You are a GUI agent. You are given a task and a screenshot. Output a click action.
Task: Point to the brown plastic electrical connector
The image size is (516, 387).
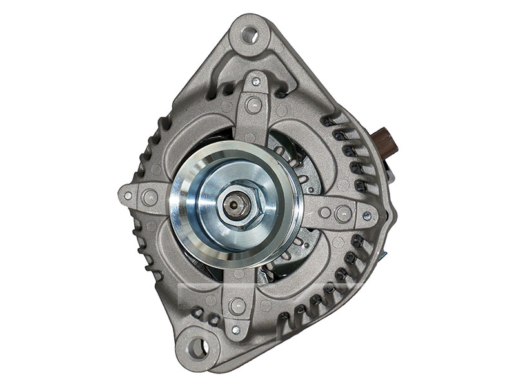click(386, 141)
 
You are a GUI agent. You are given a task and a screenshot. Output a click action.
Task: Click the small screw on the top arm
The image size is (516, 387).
click(256, 81)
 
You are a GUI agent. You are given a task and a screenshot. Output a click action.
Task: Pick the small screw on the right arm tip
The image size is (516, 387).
click(367, 217)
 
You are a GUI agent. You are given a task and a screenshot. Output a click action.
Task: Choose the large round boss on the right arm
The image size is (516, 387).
click(344, 213)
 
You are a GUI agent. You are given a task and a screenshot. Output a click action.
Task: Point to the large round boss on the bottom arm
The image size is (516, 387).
click(237, 307)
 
